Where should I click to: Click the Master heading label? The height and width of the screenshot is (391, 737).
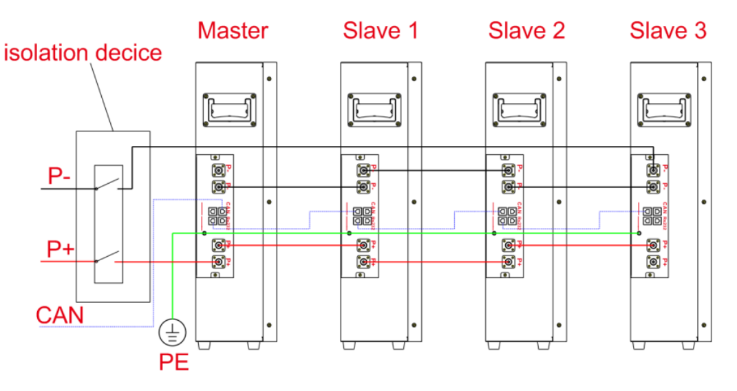[233, 30]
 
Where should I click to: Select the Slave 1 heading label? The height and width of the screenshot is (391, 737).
[381, 30]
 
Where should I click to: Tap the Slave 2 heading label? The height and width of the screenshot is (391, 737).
[526, 30]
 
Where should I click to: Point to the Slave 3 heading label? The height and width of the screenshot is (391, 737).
[668, 30]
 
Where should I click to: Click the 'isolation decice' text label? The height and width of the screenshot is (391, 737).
[83, 52]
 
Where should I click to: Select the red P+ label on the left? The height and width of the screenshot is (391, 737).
[60, 249]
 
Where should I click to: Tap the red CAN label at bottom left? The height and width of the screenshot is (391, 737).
[60, 315]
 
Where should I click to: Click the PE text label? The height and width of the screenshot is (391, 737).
[173, 362]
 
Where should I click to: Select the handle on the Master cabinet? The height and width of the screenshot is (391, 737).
[229, 108]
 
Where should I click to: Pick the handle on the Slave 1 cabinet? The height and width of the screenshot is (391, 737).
[374, 108]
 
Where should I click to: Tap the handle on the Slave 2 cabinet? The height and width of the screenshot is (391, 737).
[520, 108]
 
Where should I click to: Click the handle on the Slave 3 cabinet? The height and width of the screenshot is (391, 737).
[664, 108]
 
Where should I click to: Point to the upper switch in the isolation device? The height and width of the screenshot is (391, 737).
[107, 184]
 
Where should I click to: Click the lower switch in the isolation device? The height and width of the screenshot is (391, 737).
[107, 260]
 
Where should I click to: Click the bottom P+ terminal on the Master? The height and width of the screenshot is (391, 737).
[219, 262]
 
